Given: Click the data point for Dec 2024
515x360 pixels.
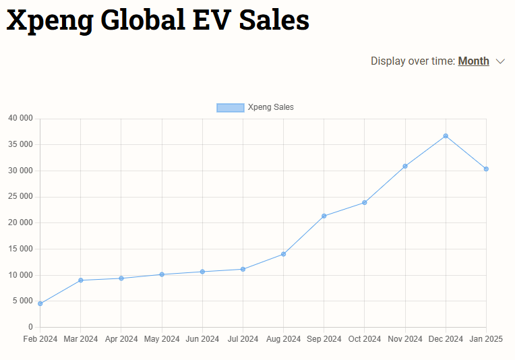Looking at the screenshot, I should pos(446,136).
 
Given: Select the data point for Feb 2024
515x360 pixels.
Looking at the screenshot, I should pos(40,303).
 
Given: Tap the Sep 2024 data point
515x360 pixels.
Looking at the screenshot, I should pos(324,216).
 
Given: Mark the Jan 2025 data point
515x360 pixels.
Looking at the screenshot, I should pos(486,169).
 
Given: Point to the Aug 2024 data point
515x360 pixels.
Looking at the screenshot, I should pos(284,254).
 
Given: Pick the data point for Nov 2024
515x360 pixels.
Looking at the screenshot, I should pos(405,166).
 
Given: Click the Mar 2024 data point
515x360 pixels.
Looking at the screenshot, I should pos(81,280).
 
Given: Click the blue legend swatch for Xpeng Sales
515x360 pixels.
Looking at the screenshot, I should pos(230,107).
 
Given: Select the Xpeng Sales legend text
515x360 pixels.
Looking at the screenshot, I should pos(271,107).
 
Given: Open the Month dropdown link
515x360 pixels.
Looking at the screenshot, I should pos(473,61).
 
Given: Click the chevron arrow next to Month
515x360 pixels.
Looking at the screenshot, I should pos(500,61).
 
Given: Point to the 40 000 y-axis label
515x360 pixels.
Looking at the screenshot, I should pos(20,119).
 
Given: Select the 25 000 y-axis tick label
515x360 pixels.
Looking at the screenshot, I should pos(20,197).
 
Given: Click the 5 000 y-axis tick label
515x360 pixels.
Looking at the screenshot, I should pos(23,301).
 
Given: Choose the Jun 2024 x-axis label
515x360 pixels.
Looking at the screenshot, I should pos(202,339).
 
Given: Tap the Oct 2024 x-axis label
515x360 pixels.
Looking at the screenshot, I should pos(365,339).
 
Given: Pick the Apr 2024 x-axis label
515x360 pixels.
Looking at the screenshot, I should pos(121,339).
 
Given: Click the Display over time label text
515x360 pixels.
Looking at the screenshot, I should pos(413,61).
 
